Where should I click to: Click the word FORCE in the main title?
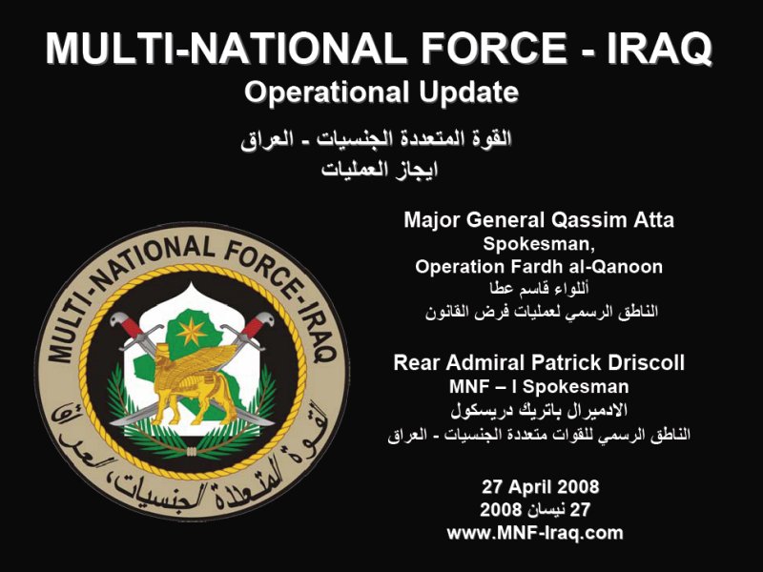click(493, 48)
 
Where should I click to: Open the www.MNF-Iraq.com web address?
click(535, 533)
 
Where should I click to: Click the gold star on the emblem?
click(192, 331)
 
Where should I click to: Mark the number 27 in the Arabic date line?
click(580, 510)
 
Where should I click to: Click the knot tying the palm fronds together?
click(192, 452)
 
